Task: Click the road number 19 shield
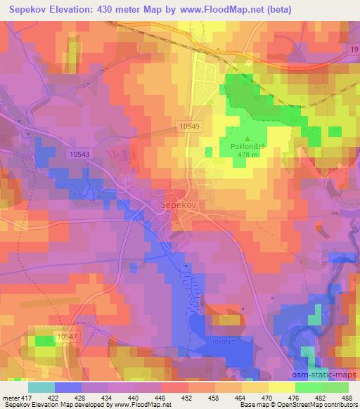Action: click(352, 48)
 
